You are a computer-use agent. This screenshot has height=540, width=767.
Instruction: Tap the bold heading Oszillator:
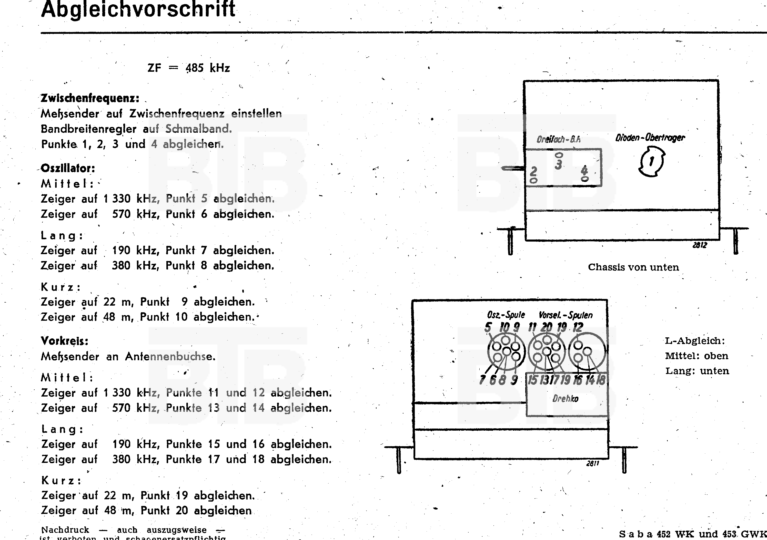pyautogui.click(x=68, y=169)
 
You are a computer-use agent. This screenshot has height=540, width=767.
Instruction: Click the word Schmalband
pyautogui.click(x=198, y=129)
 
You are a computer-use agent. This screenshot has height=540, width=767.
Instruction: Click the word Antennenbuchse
pyautogui.click(x=170, y=356)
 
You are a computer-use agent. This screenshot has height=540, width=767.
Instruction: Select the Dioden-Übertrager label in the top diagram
pyautogui.click(x=650, y=138)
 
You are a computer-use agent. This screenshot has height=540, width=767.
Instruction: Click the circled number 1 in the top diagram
pyautogui.click(x=651, y=162)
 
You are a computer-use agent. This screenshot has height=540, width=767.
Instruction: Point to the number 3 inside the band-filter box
pyautogui.click(x=558, y=164)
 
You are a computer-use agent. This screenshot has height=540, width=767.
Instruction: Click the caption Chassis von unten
pyautogui.click(x=633, y=267)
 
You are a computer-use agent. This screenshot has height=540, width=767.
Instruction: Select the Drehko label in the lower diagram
pyautogui.click(x=565, y=399)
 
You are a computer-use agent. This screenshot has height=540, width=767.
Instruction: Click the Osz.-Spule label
pyautogui.click(x=506, y=315)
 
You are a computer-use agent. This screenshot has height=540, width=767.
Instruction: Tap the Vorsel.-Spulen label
pyautogui.click(x=566, y=315)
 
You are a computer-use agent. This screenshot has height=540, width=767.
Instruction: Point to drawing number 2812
pyautogui.click(x=700, y=245)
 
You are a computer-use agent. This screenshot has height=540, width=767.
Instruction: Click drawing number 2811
pyautogui.click(x=593, y=463)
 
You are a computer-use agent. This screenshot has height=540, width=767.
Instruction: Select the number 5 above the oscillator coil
pyautogui.click(x=488, y=327)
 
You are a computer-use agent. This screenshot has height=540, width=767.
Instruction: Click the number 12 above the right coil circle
pyautogui.click(x=578, y=327)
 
